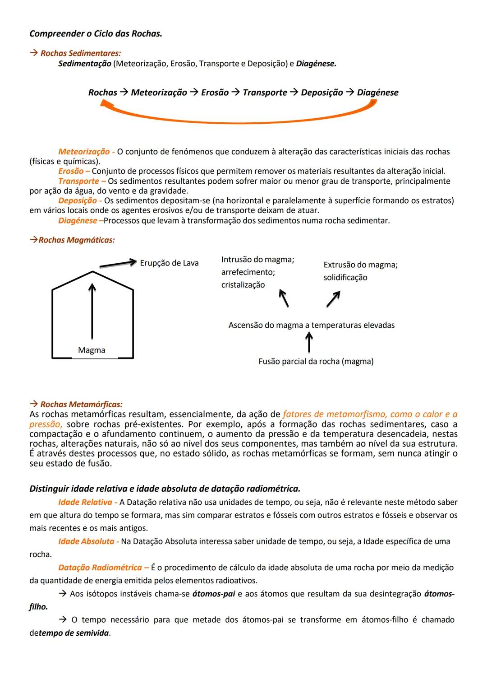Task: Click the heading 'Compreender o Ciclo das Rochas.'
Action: pyautogui.click(x=96, y=34)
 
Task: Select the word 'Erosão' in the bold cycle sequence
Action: pyautogui.click(x=215, y=93)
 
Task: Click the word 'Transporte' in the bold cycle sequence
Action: pyautogui.click(x=265, y=93)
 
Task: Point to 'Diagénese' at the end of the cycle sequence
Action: pyautogui.click(x=377, y=93)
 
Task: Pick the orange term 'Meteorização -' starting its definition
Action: pyautogui.click(x=86, y=152)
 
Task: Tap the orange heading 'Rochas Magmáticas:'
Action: pyautogui.click(x=76, y=240)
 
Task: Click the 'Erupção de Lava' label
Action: pyautogui.click(x=169, y=263)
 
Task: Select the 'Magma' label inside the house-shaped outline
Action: pyautogui.click(x=92, y=350)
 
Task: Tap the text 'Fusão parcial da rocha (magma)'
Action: pyautogui.click(x=316, y=362)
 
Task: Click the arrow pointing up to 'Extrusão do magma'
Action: pyautogui.click(x=333, y=299)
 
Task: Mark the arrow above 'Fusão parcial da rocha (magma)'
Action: pyautogui.click(x=309, y=342)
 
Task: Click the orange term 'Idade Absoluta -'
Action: pyautogui.click(x=88, y=541)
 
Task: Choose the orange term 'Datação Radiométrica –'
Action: pyautogui.click(x=103, y=568)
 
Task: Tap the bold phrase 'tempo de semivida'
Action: pyautogui.click(x=74, y=633)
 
